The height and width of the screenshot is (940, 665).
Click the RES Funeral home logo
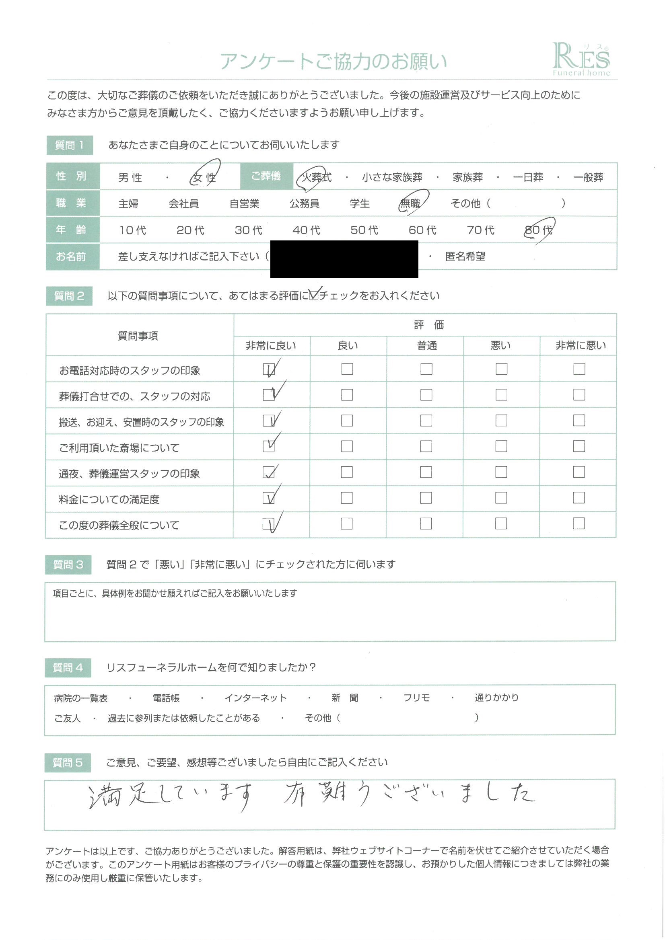[581, 60]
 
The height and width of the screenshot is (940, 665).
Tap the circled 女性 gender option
[204, 177]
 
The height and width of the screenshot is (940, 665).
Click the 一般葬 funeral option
[588, 177]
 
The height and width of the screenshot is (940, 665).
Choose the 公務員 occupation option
[305, 203]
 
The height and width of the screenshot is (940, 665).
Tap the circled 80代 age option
[538, 230]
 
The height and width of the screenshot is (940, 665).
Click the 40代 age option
[306, 230]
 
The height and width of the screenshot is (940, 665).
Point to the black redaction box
[344, 259]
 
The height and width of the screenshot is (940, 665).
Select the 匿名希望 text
[465, 257]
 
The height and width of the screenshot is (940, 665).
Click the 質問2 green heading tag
[69, 296]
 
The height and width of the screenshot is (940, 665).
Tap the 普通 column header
[426, 346]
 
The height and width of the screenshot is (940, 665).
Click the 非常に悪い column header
[580, 346]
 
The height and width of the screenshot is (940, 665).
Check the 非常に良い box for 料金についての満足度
[269, 498]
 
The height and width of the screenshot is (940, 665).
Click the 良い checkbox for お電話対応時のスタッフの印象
[347, 369]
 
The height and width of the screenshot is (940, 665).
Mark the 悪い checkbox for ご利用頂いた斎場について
[501, 446]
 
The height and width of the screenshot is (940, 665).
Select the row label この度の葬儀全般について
[119, 525]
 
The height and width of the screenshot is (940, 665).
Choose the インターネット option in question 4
[255, 698]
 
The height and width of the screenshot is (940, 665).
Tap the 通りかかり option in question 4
[496, 698]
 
